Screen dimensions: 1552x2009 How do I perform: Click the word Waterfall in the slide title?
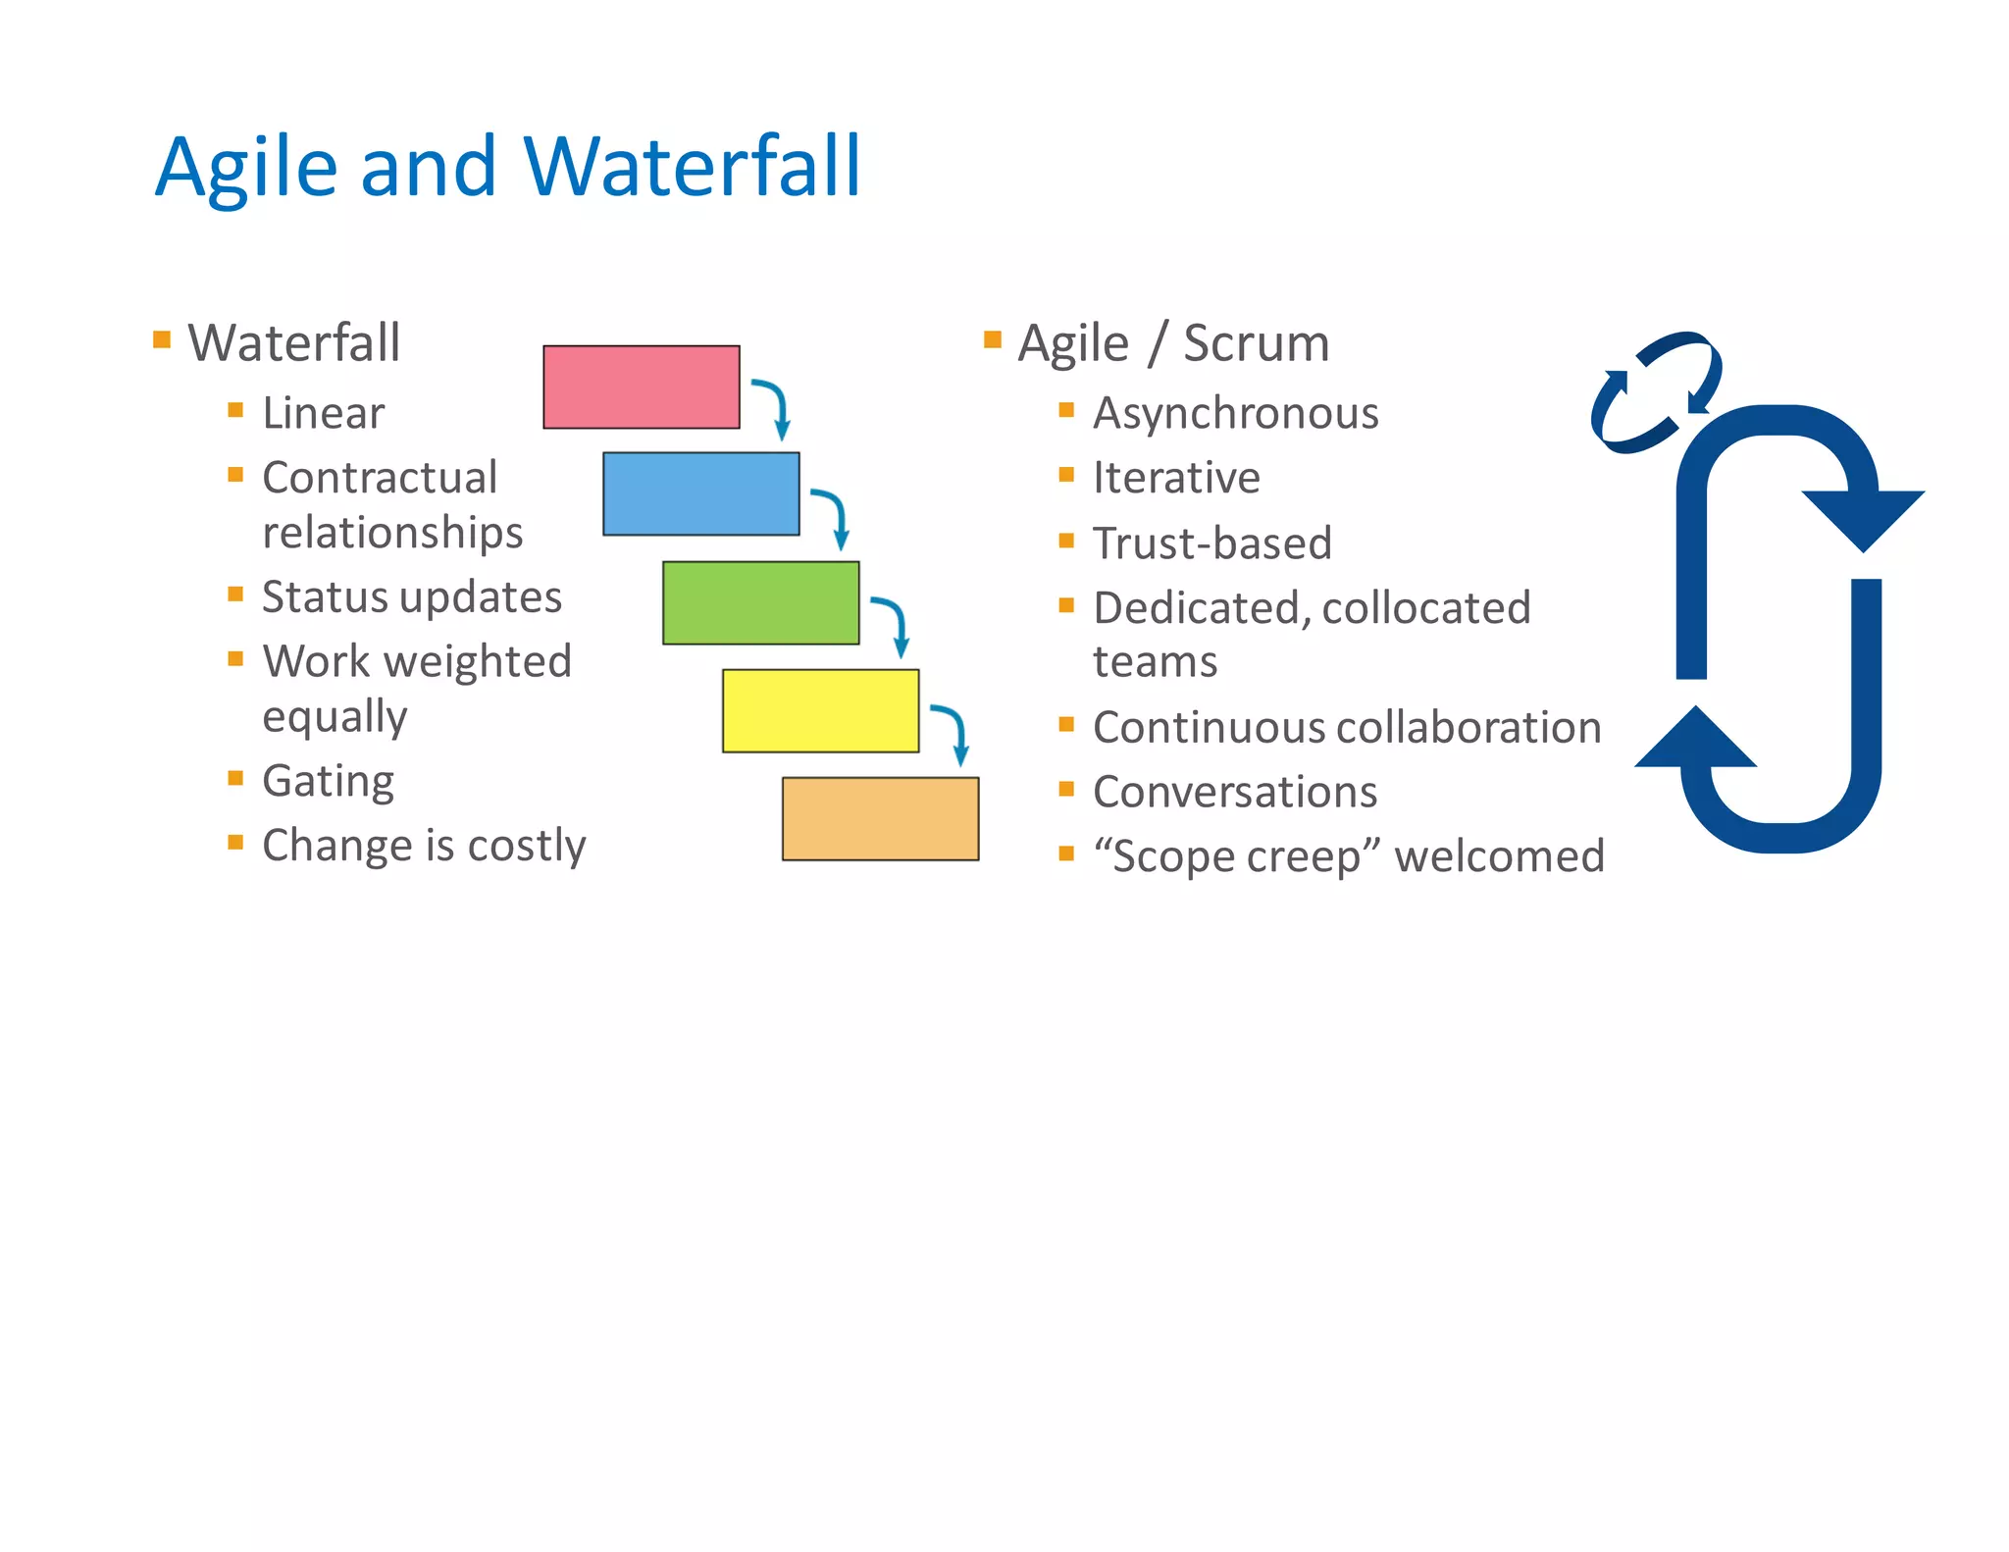[x=693, y=167]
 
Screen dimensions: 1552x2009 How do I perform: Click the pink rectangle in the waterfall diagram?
[x=641, y=387]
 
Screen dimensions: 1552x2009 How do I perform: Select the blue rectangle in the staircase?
[x=700, y=493]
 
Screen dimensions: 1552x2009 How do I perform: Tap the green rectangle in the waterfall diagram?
[x=760, y=602]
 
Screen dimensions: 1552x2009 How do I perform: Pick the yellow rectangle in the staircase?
[x=820, y=710]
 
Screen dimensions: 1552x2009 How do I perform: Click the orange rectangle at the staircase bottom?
[x=880, y=818]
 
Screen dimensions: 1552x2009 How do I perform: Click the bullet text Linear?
[x=323, y=413]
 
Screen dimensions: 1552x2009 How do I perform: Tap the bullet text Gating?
[x=328, y=781]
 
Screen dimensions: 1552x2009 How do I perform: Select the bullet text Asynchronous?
[x=1235, y=413]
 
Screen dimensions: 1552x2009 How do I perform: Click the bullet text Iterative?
[x=1175, y=478]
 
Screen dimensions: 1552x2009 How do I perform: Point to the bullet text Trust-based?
[x=1211, y=543]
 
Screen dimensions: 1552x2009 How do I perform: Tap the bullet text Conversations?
[x=1234, y=792]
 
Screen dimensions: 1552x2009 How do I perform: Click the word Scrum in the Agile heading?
[x=1256, y=343]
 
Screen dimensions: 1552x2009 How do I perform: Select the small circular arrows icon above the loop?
[x=1655, y=391]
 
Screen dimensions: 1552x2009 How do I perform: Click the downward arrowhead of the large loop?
[x=1863, y=518]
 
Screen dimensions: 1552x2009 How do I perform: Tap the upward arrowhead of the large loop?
[x=1695, y=739]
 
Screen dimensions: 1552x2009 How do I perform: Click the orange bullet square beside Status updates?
[x=235, y=594]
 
